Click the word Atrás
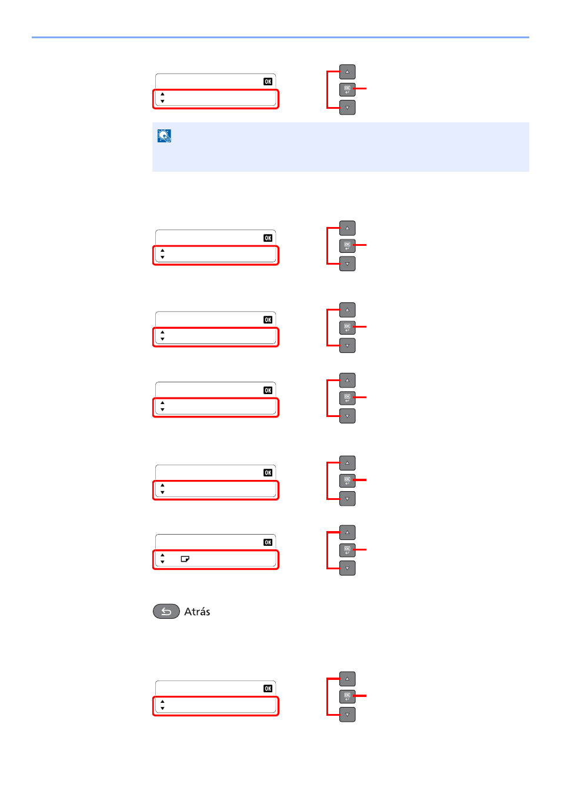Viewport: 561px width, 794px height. (x=197, y=612)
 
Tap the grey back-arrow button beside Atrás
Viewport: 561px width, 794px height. (x=166, y=612)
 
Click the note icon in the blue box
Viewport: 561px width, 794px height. (x=164, y=136)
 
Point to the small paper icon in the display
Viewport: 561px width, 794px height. (x=185, y=559)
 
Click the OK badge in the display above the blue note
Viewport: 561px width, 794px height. (x=268, y=82)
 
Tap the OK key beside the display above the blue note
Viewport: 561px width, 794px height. (x=348, y=89)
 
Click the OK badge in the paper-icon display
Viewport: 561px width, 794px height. (x=268, y=542)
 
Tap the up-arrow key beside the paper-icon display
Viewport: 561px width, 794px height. (x=348, y=532)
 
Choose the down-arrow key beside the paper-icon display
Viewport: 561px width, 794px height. (x=348, y=568)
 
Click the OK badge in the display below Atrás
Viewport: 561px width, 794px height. (x=268, y=688)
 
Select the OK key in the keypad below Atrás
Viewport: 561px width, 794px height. (x=348, y=696)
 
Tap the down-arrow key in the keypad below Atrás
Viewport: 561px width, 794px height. (x=348, y=715)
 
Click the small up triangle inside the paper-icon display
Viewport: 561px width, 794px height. (x=162, y=555)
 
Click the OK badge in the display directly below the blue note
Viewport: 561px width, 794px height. (x=268, y=238)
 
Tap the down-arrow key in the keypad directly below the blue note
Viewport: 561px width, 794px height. (x=348, y=264)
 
